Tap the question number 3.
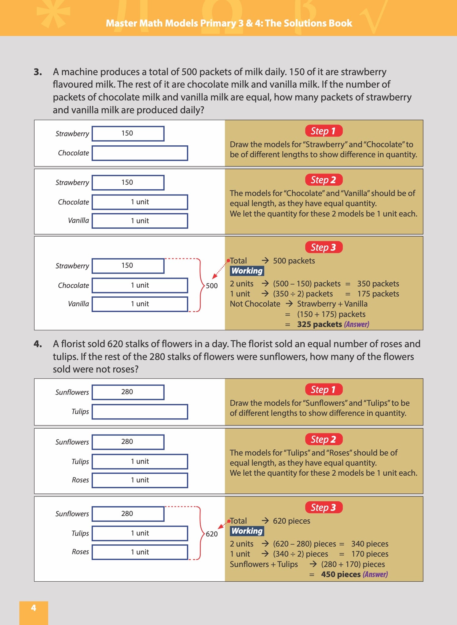[38, 72]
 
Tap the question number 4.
[38, 344]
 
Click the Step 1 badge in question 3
[324, 131]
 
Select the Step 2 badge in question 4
[324, 439]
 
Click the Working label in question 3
[247, 271]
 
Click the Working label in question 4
[247, 531]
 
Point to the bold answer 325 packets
[320, 324]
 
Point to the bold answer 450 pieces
[341, 574]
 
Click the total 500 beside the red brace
[212, 286]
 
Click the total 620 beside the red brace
[212, 534]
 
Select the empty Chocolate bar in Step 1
[140, 153]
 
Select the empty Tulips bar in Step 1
[140, 412]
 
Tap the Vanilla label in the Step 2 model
[79, 220]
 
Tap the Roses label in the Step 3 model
[80, 552]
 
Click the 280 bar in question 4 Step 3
[128, 514]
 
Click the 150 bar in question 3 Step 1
[128, 133]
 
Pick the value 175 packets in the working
[378, 294]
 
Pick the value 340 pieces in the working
[370, 544]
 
